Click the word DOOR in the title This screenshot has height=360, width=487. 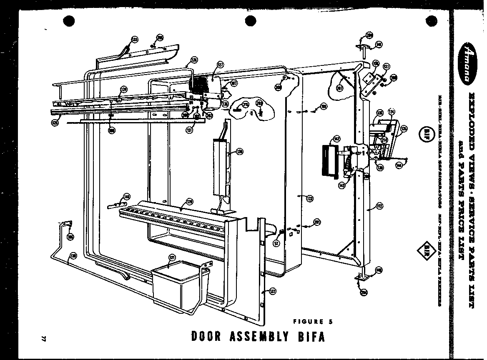pos(208,336)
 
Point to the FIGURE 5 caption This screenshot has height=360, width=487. pos(313,321)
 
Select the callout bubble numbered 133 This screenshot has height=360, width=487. pos(134,40)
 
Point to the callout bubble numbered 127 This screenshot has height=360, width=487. pos(220,65)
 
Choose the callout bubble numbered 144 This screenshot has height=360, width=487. pos(399,165)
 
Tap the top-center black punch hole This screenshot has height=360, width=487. pos(250,20)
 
